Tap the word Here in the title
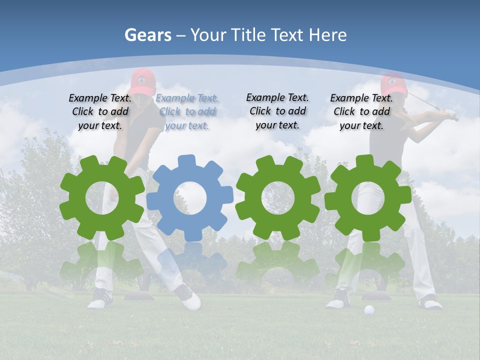click(x=327, y=35)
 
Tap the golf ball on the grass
click(x=369, y=310)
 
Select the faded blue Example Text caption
click(x=187, y=112)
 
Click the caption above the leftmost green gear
click(x=100, y=112)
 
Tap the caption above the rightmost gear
click(x=361, y=112)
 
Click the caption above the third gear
click(x=277, y=111)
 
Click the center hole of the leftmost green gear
click(x=102, y=198)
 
